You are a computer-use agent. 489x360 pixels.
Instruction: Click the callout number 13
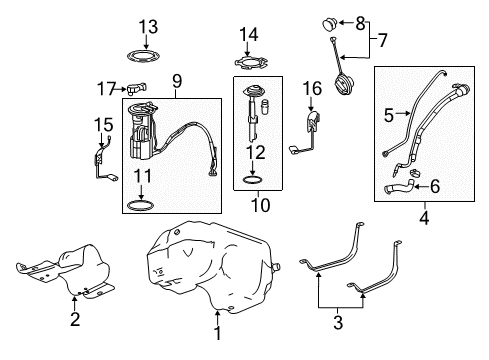tap(148, 25)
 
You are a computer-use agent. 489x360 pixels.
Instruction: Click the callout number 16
tap(311, 90)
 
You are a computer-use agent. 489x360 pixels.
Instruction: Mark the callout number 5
tap(389, 115)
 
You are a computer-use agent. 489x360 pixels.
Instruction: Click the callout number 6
tap(436, 185)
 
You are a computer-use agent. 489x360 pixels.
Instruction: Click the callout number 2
tap(74, 319)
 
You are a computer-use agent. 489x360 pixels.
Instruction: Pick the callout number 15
tap(98, 126)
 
